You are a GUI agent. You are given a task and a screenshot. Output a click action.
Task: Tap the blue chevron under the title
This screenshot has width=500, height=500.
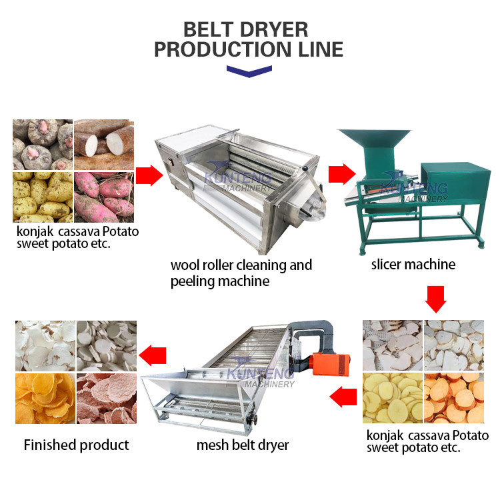[249, 71]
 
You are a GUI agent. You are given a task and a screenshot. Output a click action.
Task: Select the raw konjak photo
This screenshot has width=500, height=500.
[43, 145]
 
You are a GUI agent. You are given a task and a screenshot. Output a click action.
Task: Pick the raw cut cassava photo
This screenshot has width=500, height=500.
[104, 145]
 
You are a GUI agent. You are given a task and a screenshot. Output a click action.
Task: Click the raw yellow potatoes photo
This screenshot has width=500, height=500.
[43, 197]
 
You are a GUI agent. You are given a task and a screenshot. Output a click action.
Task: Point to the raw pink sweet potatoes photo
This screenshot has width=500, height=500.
[104, 197]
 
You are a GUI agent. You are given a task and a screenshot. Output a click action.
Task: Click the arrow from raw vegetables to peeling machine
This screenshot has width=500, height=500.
[149, 175]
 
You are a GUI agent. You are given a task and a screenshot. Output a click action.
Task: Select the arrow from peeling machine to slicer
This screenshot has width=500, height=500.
[342, 174]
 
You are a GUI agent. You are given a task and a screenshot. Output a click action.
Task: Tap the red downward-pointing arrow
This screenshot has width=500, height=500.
[435, 299]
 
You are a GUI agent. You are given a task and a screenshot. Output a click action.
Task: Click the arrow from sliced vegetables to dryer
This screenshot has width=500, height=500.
[343, 397]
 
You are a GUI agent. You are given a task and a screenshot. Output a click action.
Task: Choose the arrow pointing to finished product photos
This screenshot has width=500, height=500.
[153, 355]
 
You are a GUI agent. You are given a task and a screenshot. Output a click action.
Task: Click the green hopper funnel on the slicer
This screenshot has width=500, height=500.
[375, 144]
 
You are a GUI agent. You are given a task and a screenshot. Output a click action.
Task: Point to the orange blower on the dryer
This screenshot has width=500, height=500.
[331, 363]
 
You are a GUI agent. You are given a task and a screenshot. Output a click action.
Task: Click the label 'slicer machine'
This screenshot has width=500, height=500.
[413, 265]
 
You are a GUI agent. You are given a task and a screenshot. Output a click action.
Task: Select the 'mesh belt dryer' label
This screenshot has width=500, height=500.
[243, 445]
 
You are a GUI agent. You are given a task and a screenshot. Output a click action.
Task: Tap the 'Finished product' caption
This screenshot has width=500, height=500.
[76, 445]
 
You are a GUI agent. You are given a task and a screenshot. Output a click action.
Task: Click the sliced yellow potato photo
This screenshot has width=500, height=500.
[393, 398]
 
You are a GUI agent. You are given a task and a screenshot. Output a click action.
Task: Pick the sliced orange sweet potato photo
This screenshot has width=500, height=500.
[454, 398]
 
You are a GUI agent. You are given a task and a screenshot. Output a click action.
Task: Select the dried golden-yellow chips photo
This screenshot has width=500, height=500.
[45, 399]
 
